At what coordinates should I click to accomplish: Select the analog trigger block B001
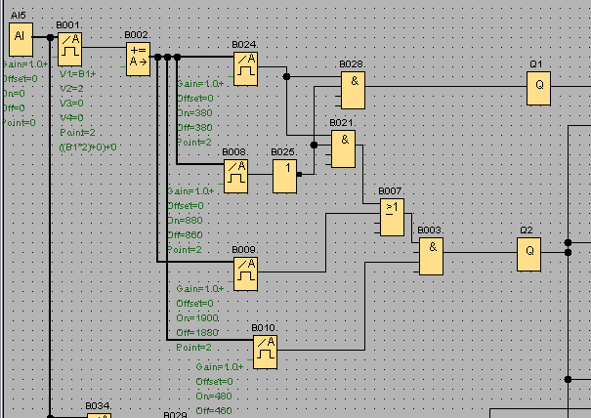pyautogui.click(x=68, y=45)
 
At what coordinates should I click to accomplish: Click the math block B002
pyautogui.click(x=138, y=59)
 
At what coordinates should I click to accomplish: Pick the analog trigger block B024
pyautogui.click(x=245, y=66)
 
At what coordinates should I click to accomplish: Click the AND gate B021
pyautogui.click(x=343, y=147)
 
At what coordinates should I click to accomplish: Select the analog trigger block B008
pyautogui.click(x=235, y=175)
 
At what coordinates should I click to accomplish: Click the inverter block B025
pyautogui.click(x=284, y=175)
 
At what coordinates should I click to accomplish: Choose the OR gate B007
pyautogui.click(x=392, y=216)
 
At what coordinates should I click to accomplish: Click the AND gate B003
pyautogui.click(x=431, y=256)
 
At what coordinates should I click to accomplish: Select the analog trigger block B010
pyautogui.click(x=265, y=351)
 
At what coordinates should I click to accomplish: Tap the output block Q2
pyautogui.click(x=529, y=254)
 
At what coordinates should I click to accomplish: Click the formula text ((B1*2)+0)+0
pyautogui.click(x=88, y=146)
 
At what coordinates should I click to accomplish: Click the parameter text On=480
pyautogui.click(x=213, y=396)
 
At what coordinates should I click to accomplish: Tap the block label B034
pyautogui.click(x=97, y=405)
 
